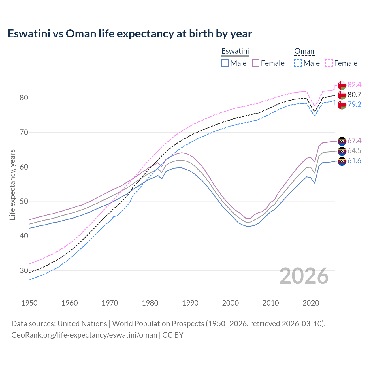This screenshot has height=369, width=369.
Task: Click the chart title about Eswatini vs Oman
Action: point(130,34)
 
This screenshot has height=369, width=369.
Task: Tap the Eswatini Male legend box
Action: point(225,63)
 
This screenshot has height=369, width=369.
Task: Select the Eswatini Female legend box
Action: point(256,63)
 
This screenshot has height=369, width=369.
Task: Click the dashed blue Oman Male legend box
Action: point(298,63)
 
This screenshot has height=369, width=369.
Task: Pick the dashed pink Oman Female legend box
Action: point(329,63)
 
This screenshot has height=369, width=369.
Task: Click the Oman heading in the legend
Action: point(304,51)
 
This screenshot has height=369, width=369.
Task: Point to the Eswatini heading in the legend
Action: point(235,51)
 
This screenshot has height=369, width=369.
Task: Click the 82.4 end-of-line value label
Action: point(354,85)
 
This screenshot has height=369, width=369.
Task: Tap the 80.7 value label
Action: point(354,95)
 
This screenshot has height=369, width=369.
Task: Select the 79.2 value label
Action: point(354,104)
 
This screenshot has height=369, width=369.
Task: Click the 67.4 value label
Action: point(354,141)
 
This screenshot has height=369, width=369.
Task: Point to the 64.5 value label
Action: point(354,150)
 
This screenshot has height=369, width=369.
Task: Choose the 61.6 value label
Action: point(354,161)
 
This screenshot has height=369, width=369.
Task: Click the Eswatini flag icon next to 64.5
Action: point(342,151)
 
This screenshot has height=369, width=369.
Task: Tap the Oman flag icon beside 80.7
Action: point(342,95)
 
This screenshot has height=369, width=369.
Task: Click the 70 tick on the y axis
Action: point(24,133)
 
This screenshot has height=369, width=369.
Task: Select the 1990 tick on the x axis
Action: point(190,303)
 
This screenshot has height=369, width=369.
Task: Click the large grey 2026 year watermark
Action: point(304,276)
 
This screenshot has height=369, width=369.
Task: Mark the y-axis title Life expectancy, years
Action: point(12,184)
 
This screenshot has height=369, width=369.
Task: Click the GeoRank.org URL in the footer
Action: point(84,335)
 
